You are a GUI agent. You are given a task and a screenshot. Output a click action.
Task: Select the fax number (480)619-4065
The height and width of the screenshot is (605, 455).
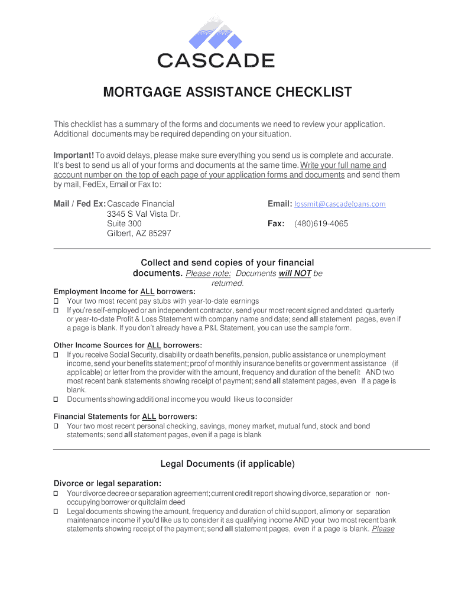point(321,224)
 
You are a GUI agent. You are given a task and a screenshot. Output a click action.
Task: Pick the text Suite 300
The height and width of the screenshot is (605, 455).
point(124,224)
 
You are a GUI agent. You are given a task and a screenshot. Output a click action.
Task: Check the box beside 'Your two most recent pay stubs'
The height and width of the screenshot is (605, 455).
point(56,301)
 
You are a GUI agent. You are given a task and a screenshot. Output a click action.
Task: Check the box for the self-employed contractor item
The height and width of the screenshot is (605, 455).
point(56,311)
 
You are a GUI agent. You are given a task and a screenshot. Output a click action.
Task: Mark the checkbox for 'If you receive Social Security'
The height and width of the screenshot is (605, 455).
point(56,355)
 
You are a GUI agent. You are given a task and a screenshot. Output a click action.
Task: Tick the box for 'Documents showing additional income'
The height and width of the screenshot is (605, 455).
point(56,399)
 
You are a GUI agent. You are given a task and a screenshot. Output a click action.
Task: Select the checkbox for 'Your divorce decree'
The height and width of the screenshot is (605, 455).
point(56,493)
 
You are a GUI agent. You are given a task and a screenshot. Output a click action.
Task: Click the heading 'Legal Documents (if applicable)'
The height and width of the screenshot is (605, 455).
point(227,464)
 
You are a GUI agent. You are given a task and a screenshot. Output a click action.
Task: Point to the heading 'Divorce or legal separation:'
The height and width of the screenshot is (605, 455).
point(108,483)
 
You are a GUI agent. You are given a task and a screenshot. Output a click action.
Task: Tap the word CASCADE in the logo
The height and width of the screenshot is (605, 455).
point(216,60)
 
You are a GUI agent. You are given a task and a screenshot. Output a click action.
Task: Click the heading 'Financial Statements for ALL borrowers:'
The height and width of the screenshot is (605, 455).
point(125,417)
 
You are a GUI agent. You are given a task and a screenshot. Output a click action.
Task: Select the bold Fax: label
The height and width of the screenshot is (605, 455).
point(276,224)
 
